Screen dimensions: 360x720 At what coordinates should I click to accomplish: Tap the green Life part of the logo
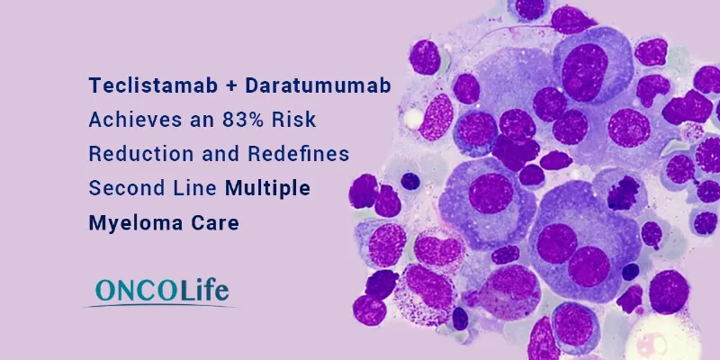(x=202, y=290)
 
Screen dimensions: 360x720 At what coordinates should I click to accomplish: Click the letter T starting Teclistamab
(x=94, y=85)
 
